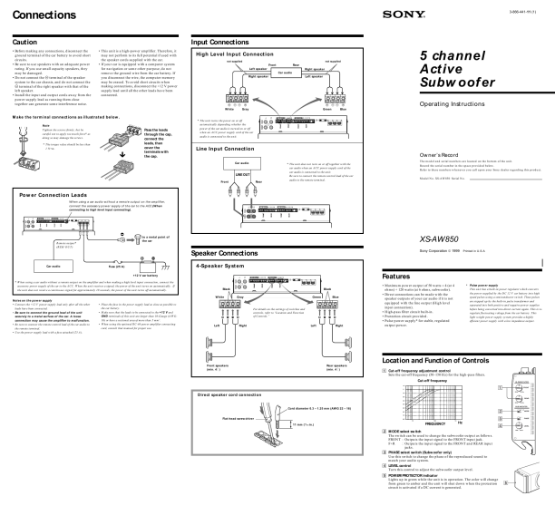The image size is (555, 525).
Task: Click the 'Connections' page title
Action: click(44, 16)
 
